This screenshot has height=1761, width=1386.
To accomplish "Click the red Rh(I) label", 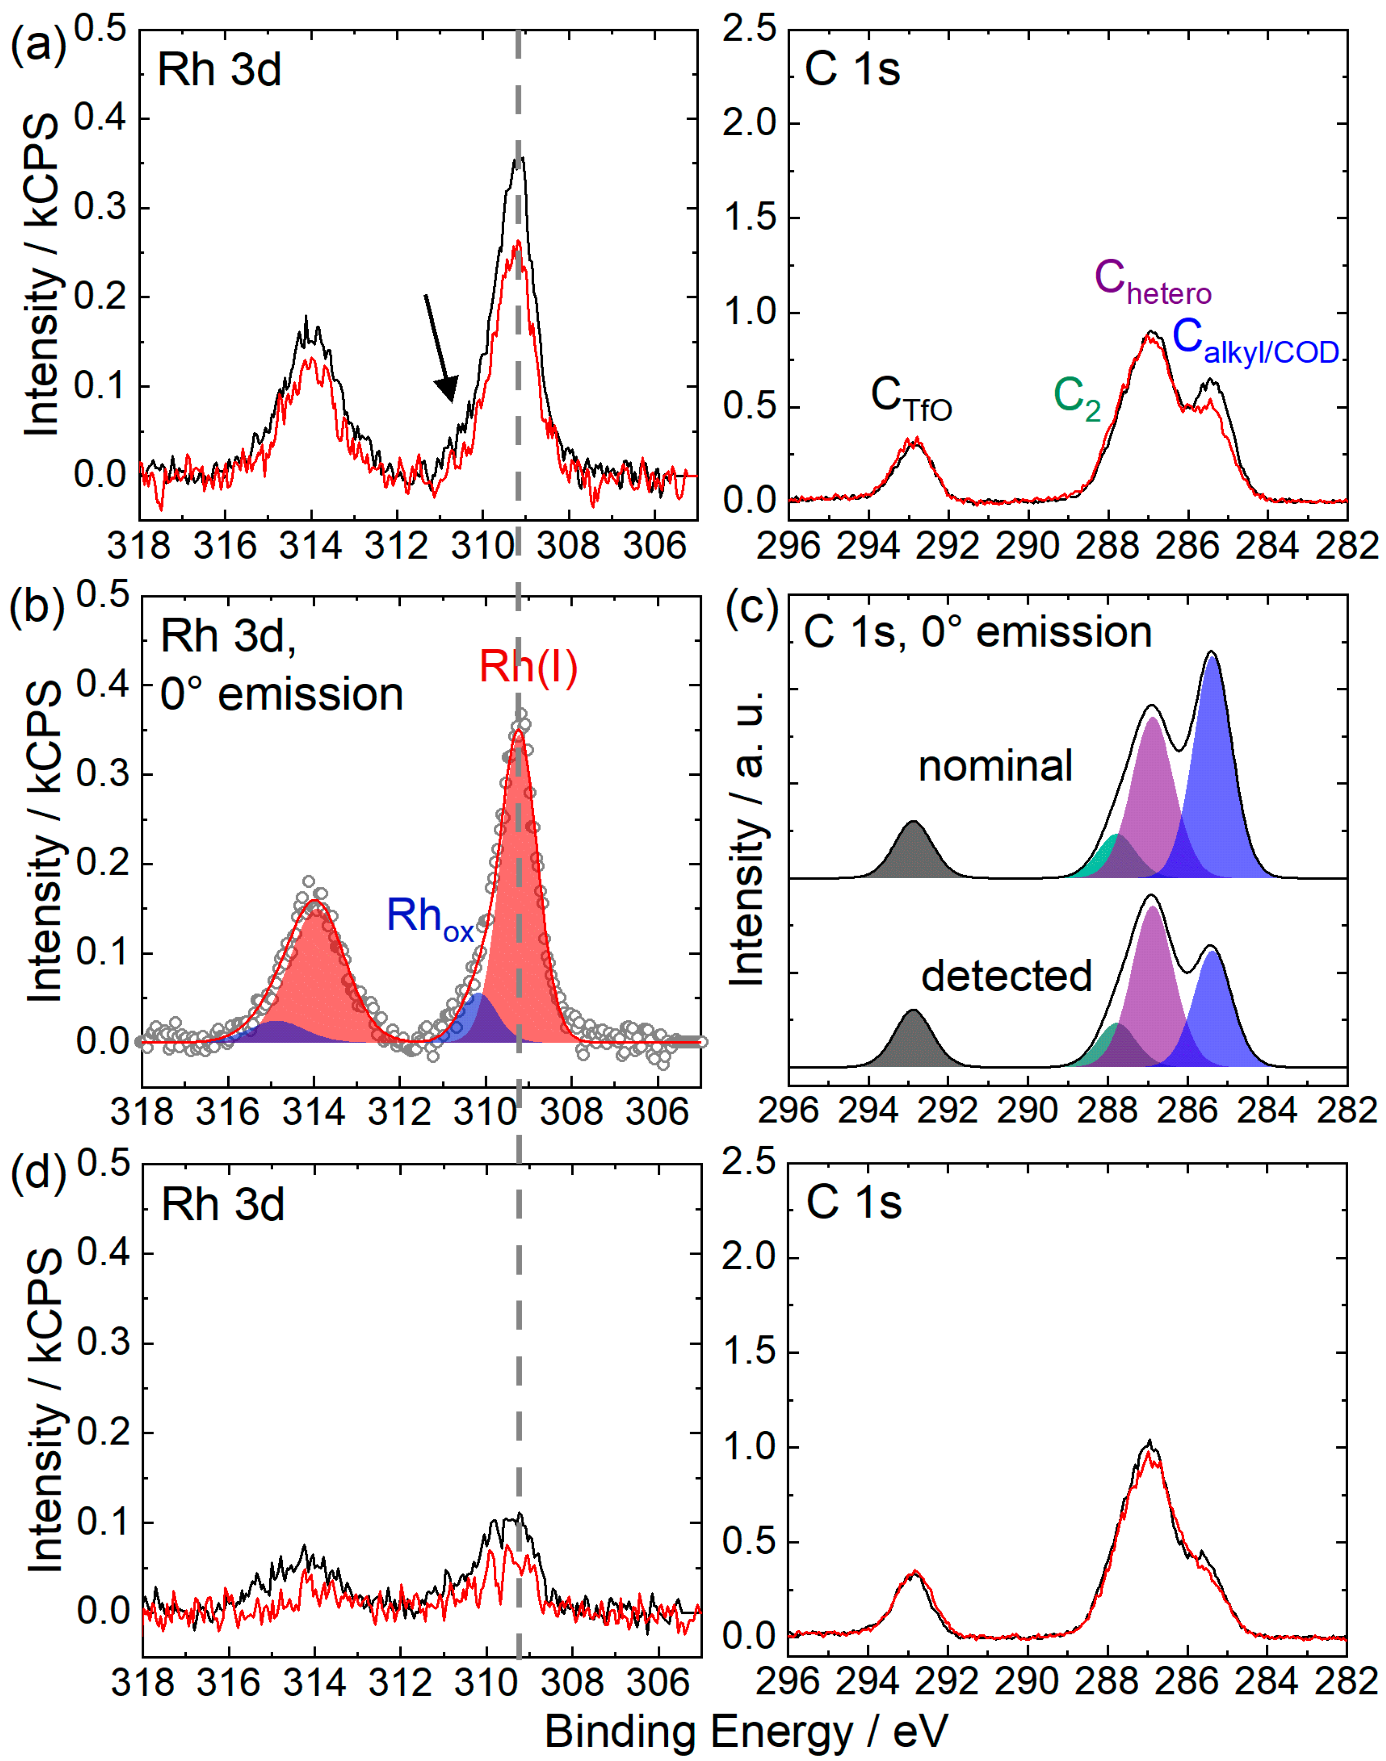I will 528,666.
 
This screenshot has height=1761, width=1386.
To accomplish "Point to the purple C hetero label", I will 1152,281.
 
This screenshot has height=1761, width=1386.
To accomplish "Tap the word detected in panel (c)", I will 1006,975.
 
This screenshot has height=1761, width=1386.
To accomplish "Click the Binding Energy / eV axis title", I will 746,1731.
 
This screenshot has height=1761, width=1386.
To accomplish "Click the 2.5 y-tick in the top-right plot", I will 749,30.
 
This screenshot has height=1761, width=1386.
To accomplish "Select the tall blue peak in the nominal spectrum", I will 1212,779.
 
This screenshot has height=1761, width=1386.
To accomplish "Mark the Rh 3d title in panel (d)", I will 222,1204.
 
